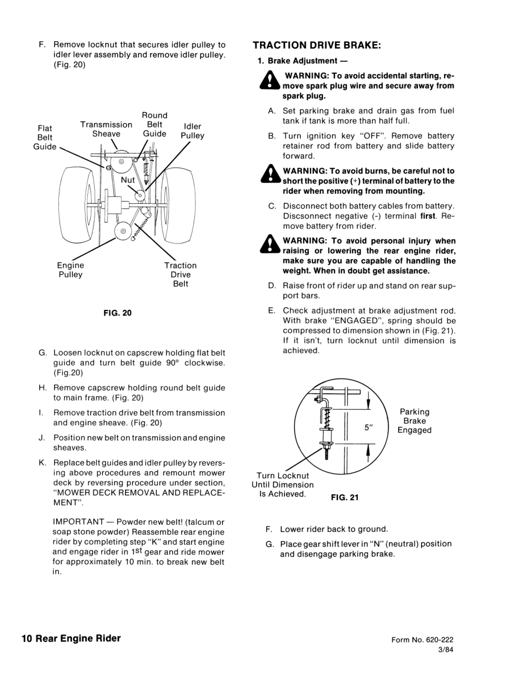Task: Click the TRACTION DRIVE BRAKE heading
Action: [x=317, y=45]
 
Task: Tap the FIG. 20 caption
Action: [x=117, y=313]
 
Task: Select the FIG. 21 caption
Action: [x=344, y=497]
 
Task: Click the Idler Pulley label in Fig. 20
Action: [x=192, y=131]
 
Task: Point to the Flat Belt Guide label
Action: [x=45, y=137]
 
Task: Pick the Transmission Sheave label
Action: [x=106, y=129]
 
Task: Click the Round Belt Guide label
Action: [x=154, y=125]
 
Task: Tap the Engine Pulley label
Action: [x=70, y=270]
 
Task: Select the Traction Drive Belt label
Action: [x=180, y=274]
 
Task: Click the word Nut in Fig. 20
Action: [x=127, y=180]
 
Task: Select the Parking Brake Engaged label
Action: [x=414, y=421]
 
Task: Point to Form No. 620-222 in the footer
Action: [x=422, y=640]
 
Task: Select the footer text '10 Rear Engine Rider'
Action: [x=71, y=638]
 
